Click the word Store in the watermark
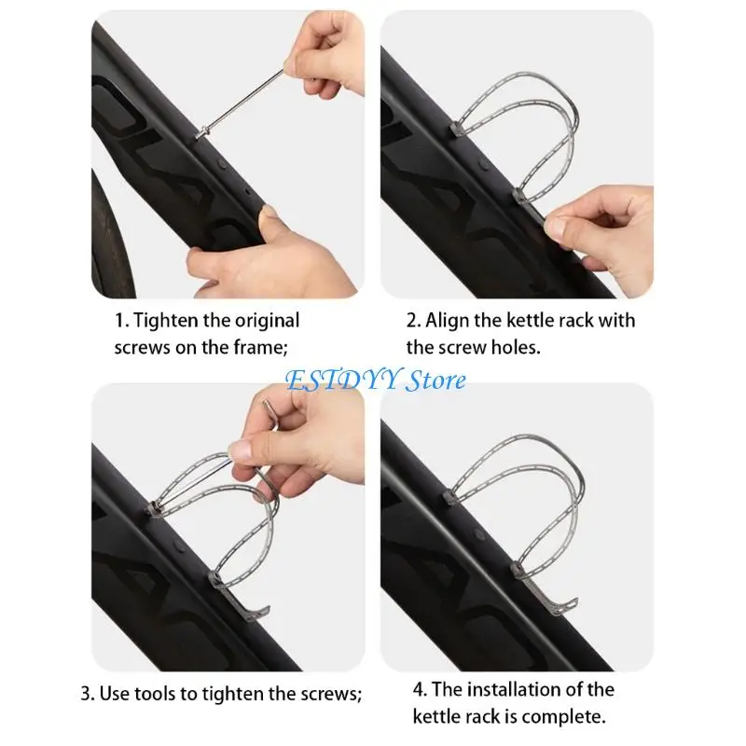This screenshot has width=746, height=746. (x=435, y=380)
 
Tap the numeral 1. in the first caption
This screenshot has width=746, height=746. (x=121, y=321)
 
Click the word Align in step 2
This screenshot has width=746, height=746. (x=447, y=321)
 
